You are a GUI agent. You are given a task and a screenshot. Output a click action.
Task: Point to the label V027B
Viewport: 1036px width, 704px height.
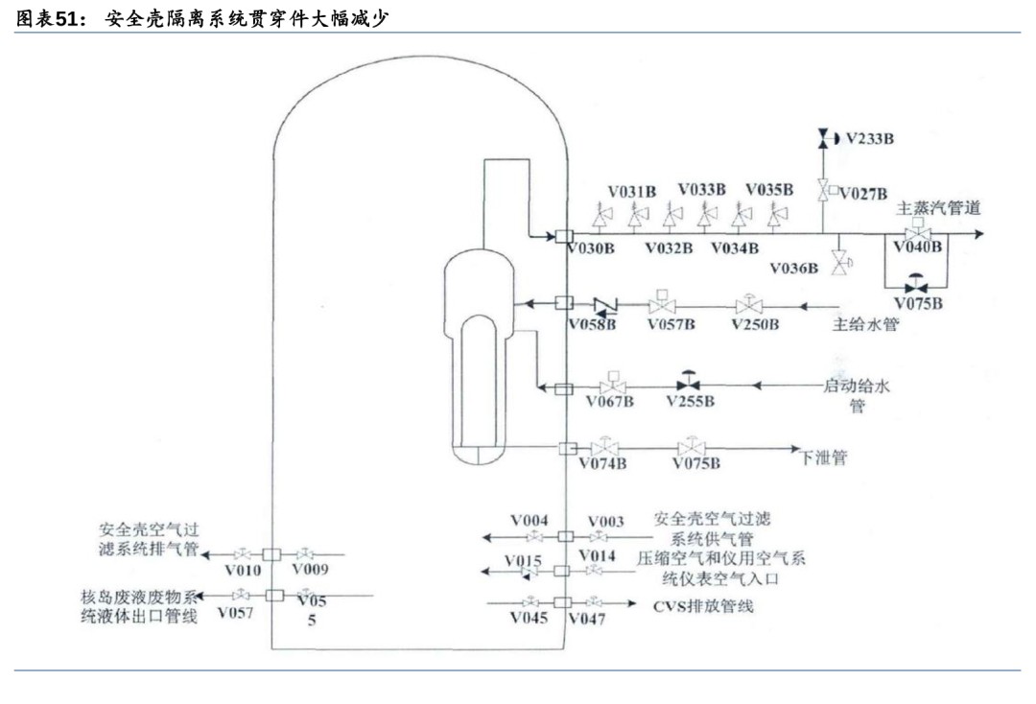(x=863, y=194)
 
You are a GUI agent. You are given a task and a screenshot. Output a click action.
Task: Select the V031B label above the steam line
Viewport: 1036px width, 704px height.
(x=632, y=190)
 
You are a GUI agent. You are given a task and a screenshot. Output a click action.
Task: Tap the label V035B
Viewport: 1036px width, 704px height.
(x=769, y=190)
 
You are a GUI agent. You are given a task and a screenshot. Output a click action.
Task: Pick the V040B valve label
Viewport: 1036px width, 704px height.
(x=918, y=247)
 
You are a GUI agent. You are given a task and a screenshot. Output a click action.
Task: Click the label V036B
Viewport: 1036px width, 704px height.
(x=793, y=269)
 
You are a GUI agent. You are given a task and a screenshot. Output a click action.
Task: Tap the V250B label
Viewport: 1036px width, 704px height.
(x=755, y=325)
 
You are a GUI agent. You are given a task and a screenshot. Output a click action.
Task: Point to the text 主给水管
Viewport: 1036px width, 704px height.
(x=865, y=325)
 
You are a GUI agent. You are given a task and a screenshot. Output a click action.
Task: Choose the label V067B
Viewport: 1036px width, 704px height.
(x=610, y=401)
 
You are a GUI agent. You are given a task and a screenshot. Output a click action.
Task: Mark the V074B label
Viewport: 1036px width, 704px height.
(x=602, y=464)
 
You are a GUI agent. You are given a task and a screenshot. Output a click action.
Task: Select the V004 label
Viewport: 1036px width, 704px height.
(x=529, y=520)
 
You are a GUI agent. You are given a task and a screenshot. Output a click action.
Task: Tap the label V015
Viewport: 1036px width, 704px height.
(x=524, y=560)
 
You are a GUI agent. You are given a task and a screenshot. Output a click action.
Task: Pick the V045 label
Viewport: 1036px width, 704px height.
(x=529, y=619)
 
